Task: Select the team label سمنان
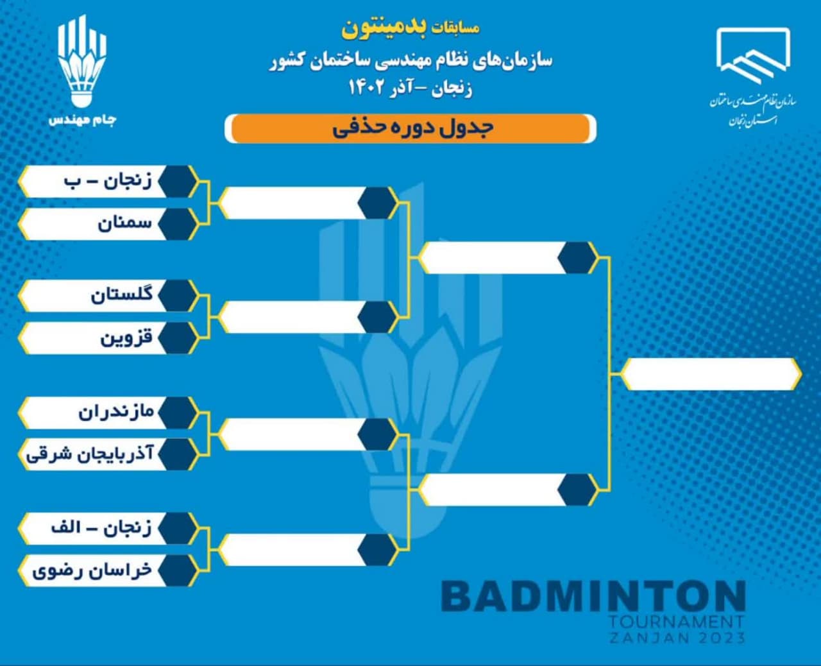(125, 224)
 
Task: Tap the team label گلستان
(122, 295)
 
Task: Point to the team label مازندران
(116, 412)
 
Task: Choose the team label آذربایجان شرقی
(90, 454)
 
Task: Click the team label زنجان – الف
(101, 528)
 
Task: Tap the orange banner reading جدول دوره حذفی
(410, 128)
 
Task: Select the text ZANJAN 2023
(677, 638)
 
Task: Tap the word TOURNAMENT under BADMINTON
(677, 622)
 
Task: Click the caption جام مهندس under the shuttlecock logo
(83, 120)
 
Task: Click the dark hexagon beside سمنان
(177, 224)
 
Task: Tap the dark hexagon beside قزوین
(177, 338)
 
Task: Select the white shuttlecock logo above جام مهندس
(82, 61)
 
